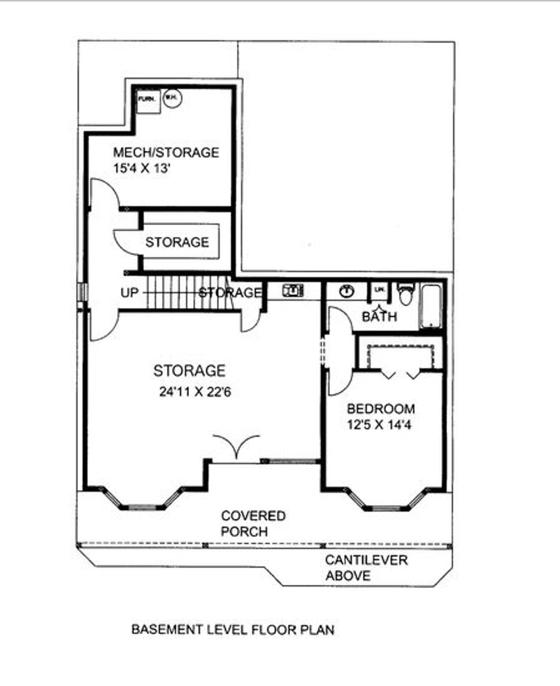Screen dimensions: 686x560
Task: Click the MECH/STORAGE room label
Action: [166, 152]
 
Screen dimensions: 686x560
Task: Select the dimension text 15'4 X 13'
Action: [142, 168]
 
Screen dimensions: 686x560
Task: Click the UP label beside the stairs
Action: [130, 293]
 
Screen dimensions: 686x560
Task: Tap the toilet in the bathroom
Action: [405, 293]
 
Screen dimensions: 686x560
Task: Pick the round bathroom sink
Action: [346, 291]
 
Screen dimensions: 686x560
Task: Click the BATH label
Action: [379, 316]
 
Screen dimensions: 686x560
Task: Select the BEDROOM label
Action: [381, 409]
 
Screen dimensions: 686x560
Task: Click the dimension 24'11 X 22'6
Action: [195, 392]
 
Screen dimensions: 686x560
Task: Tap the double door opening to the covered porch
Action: [236, 447]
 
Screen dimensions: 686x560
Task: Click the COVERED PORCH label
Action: [253, 524]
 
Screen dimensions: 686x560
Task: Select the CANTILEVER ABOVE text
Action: [366, 568]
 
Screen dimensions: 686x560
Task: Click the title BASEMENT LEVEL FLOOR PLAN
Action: [233, 629]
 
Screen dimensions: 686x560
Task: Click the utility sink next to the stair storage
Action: [293, 291]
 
